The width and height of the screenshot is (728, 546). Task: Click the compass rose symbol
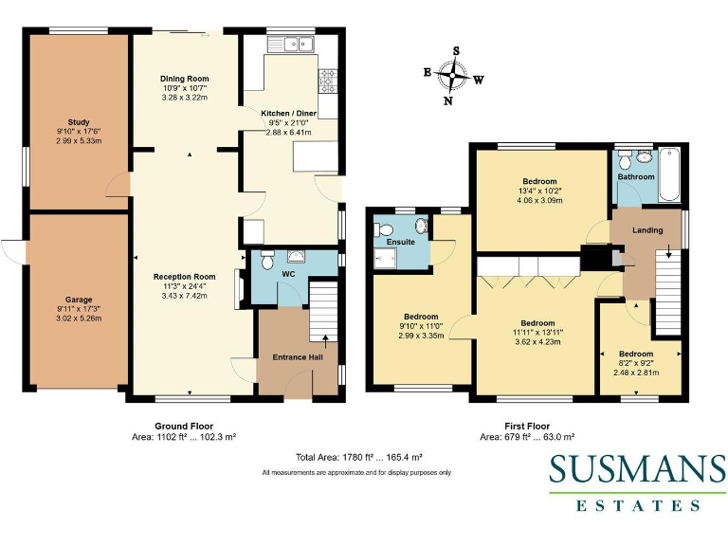(455, 76)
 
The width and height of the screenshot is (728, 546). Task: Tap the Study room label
(79, 122)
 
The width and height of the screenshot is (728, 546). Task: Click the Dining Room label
(184, 79)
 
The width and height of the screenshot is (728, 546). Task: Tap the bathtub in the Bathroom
(669, 175)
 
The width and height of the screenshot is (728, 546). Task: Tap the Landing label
(647, 230)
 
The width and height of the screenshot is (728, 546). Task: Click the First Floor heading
(527, 427)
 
